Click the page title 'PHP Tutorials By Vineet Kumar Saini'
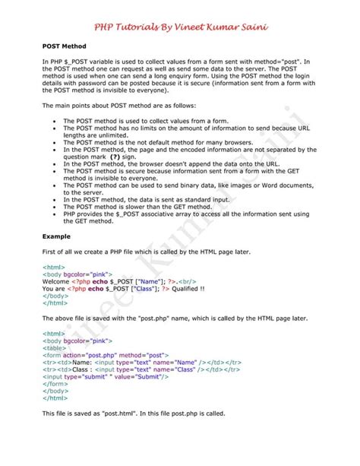coord(180,27)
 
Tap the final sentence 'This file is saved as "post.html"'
coord(133,414)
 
